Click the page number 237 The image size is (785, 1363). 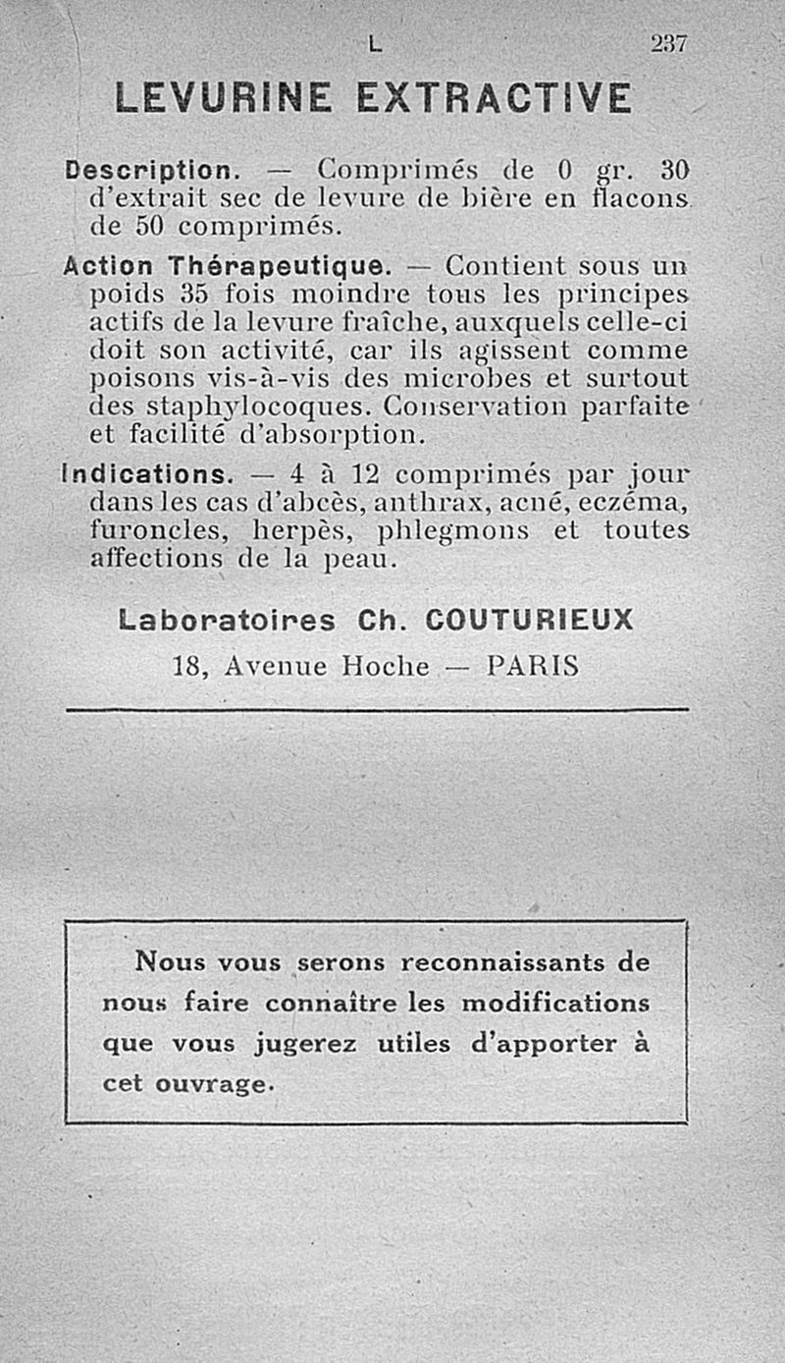[x=670, y=43]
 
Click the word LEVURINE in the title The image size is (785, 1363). [x=223, y=98]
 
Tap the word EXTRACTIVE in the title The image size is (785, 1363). [x=494, y=98]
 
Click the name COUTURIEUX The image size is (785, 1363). [x=529, y=621]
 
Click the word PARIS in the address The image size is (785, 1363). [x=532, y=667]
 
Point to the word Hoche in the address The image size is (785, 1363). [x=386, y=667]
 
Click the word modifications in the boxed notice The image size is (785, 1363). [x=555, y=1005]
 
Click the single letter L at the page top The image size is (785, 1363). [x=374, y=45]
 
